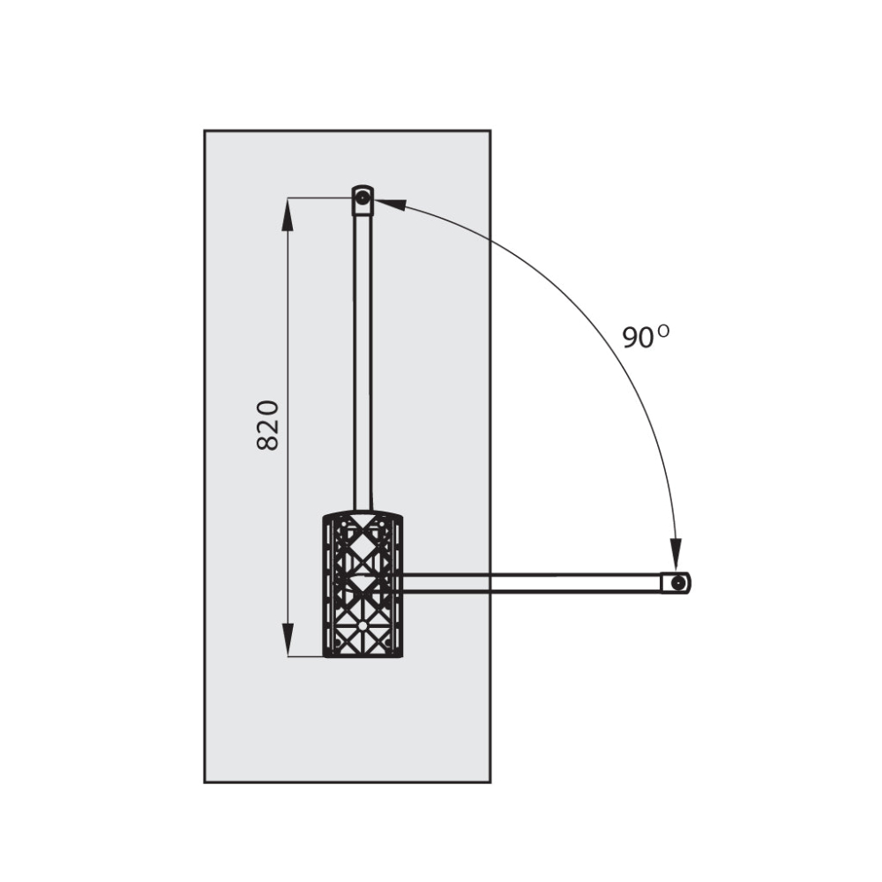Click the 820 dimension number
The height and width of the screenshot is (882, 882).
(x=268, y=425)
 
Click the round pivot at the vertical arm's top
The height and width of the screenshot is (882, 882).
(x=363, y=198)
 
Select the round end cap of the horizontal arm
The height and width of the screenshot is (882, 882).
(x=679, y=583)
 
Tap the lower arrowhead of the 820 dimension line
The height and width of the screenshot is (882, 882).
(x=288, y=639)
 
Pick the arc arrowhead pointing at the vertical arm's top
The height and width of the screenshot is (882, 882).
(x=389, y=203)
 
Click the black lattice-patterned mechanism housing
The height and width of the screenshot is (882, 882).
(x=363, y=584)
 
